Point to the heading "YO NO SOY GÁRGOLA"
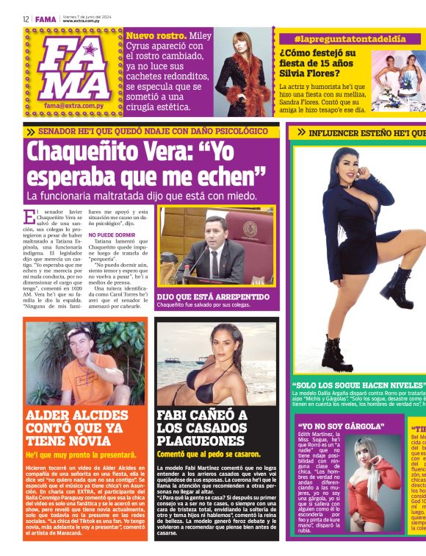click(x=341, y=426)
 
